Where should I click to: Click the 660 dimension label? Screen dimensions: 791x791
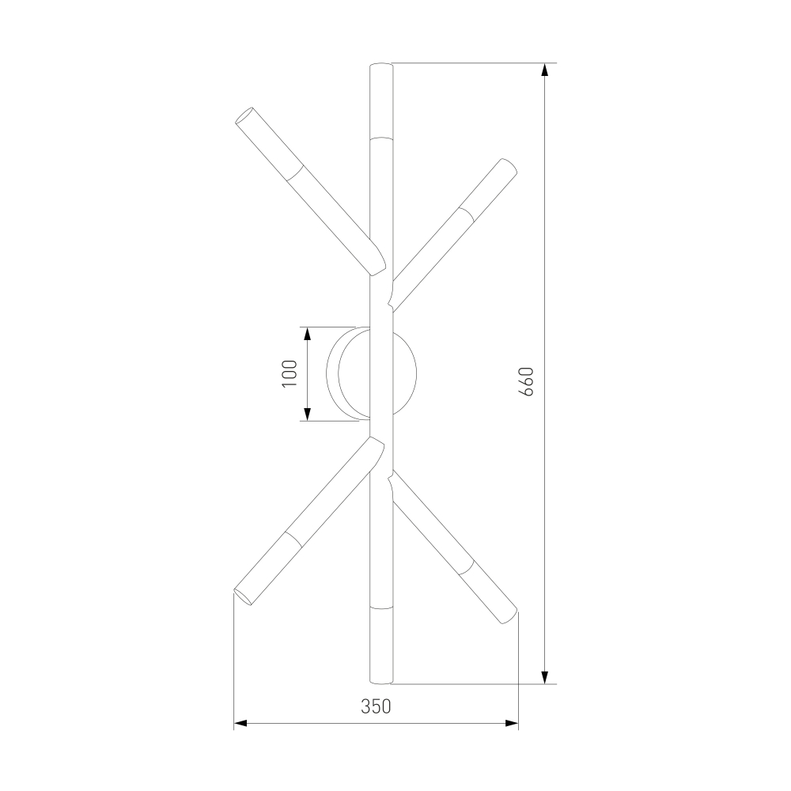coord(526,381)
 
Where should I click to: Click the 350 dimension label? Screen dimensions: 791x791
coord(376,706)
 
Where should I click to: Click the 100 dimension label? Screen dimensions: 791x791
coord(290,373)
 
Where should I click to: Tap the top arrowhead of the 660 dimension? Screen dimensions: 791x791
coord(544,70)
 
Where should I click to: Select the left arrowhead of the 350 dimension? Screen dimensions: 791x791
coord(240,724)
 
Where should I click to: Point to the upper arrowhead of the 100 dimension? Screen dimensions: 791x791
coord(306,334)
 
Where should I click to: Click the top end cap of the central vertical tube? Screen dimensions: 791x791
coord(381,65)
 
